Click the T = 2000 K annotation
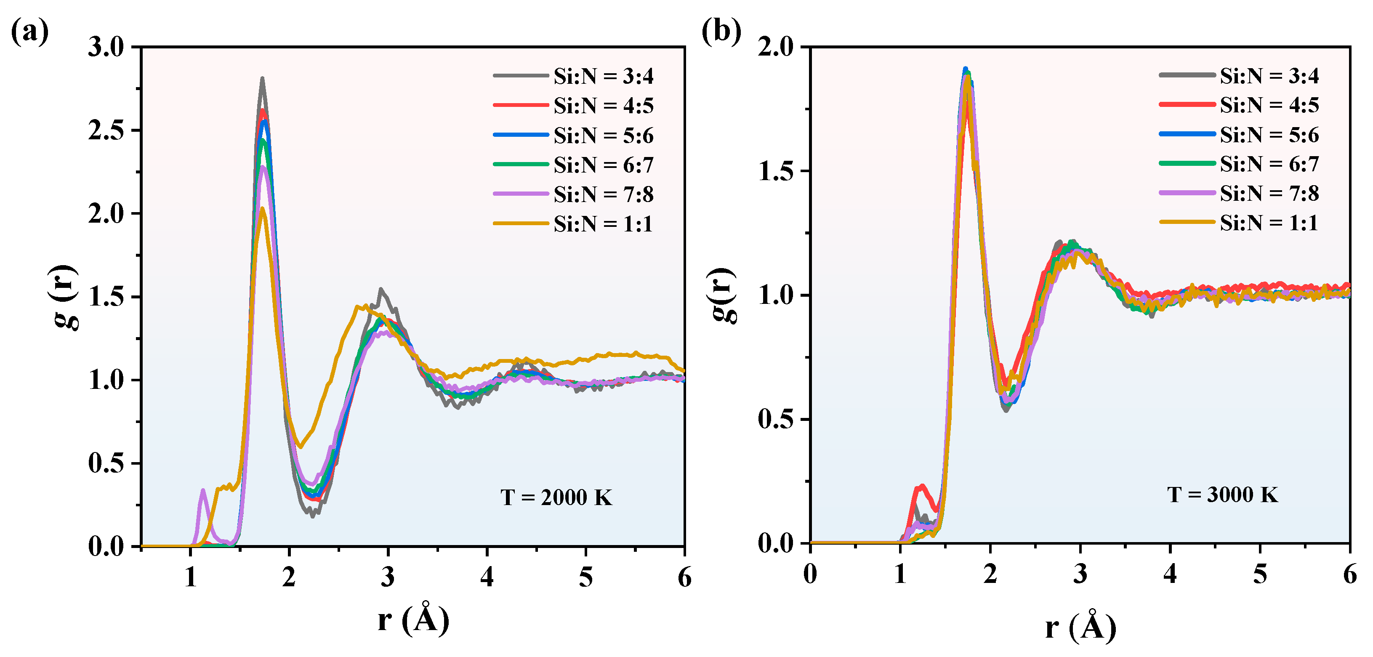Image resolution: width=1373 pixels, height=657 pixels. [556, 497]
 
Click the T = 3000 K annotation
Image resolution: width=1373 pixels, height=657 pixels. [1222, 495]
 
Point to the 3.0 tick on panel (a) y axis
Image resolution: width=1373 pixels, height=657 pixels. [106, 47]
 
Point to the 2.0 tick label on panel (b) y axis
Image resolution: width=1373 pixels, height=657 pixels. [775, 47]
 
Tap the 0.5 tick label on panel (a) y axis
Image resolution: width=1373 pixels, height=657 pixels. [106, 463]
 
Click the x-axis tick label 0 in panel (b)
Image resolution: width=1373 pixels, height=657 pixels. [810, 574]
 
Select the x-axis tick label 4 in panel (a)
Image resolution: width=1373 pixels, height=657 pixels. [487, 577]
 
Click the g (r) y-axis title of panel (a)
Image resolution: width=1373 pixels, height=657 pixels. [67, 297]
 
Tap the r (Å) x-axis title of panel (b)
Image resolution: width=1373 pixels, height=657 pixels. [1080, 627]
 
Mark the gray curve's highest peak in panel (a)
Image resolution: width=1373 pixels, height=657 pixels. [262, 79]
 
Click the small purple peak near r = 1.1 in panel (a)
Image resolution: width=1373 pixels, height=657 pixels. [202, 490]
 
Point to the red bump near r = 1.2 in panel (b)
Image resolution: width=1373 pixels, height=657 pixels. [921, 487]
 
